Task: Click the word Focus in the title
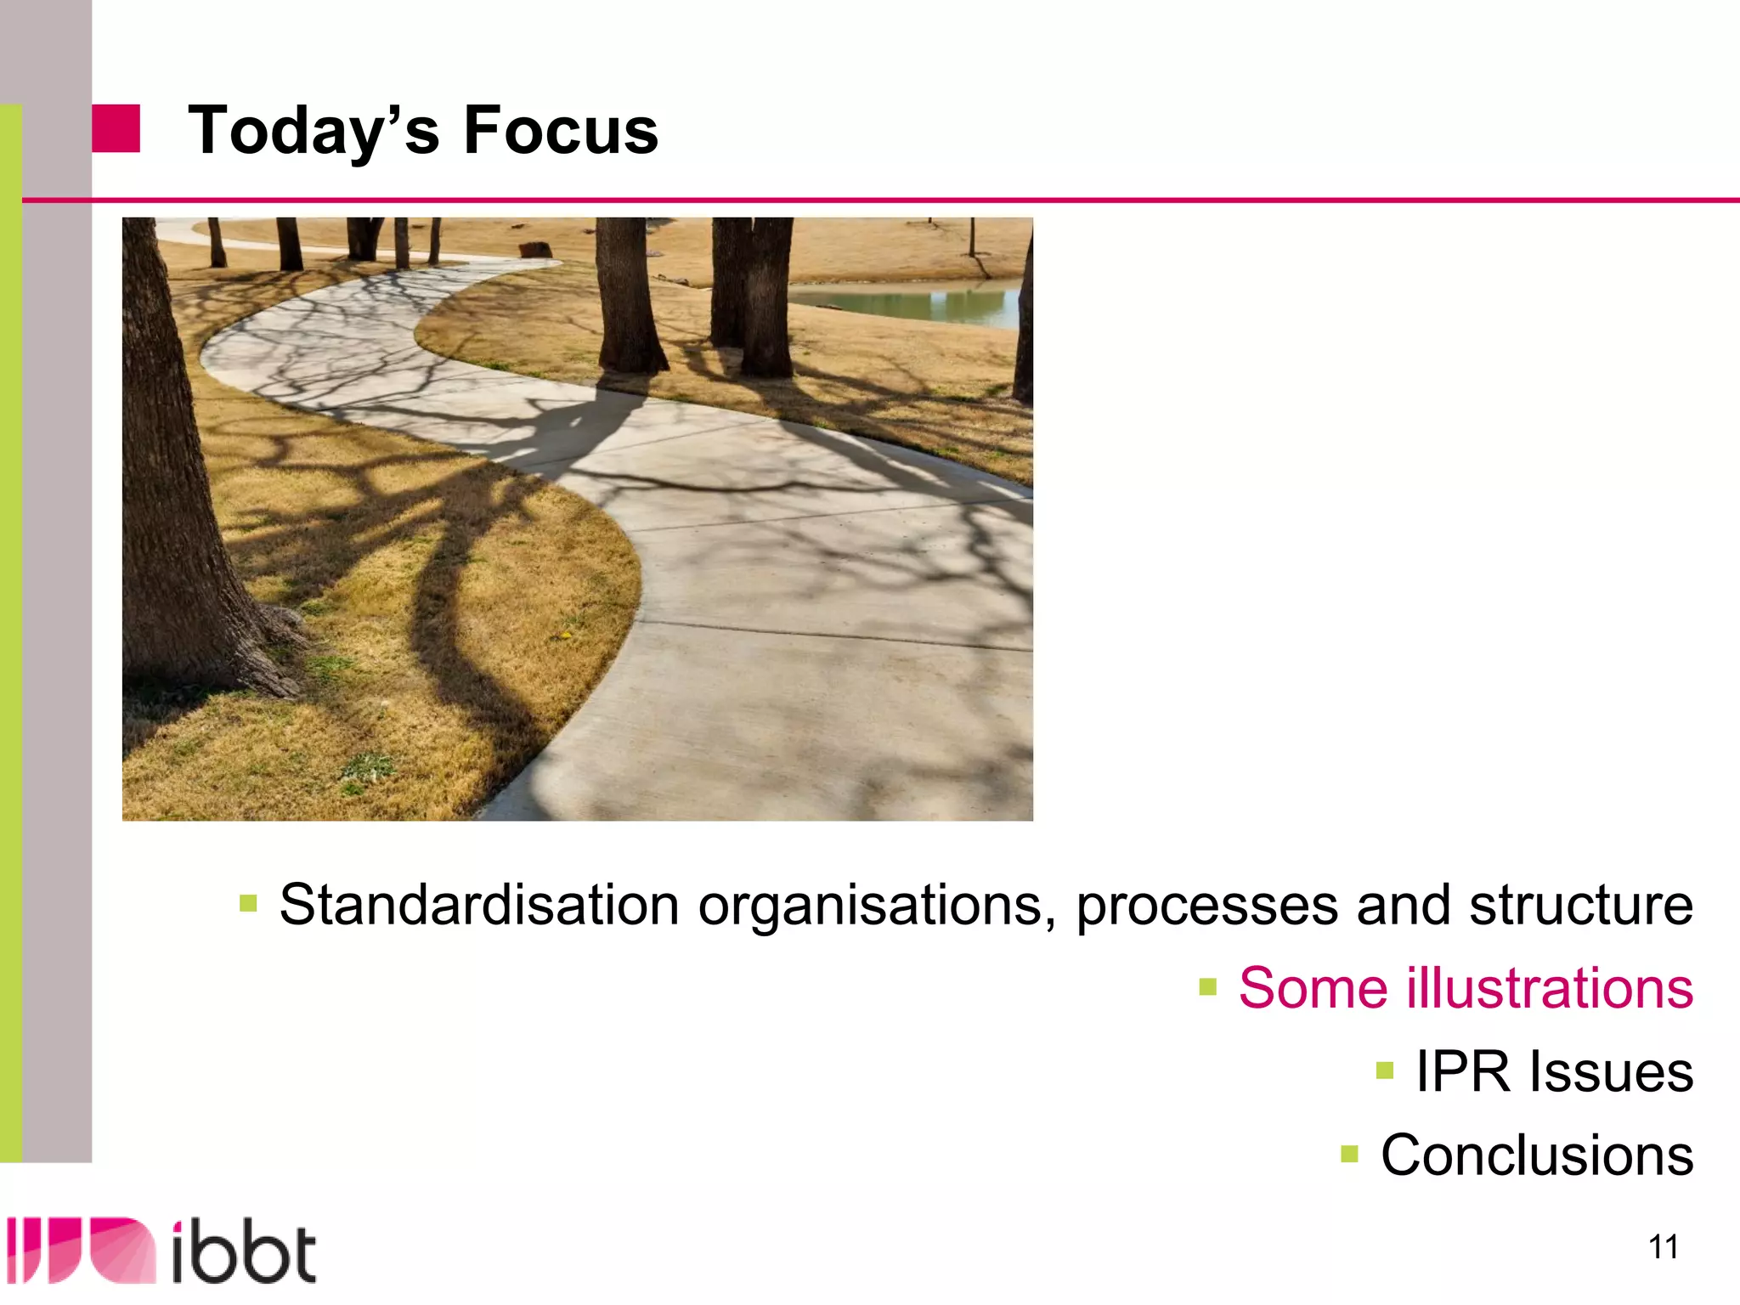[x=561, y=131]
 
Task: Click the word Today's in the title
[x=314, y=131]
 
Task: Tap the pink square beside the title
[x=116, y=128]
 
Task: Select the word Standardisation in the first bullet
[x=479, y=904]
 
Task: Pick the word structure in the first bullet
[x=1581, y=904]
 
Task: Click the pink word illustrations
[x=1551, y=988]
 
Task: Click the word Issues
[x=1612, y=1071]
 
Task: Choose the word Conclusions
[x=1537, y=1155]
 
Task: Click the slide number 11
[x=1664, y=1247]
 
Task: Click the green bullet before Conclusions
[x=1349, y=1154]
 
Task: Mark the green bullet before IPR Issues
[x=1385, y=1070]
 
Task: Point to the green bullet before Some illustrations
[x=1207, y=986]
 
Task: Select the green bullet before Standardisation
[x=248, y=902]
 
